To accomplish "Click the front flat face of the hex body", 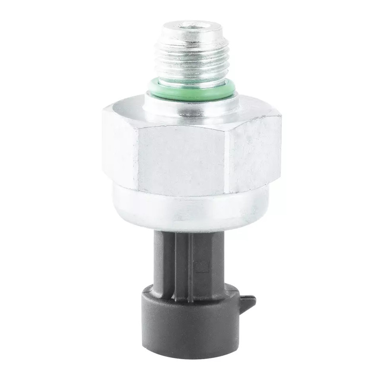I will pos(181,160).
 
